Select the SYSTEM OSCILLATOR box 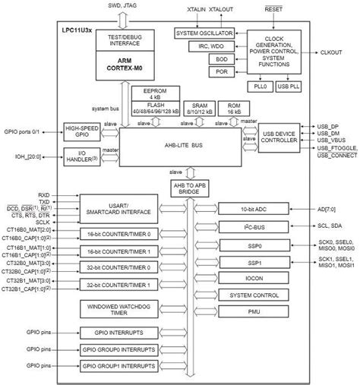click(205, 34)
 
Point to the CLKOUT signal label click(331, 52)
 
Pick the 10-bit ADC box click(254, 208)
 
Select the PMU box click(254, 312)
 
